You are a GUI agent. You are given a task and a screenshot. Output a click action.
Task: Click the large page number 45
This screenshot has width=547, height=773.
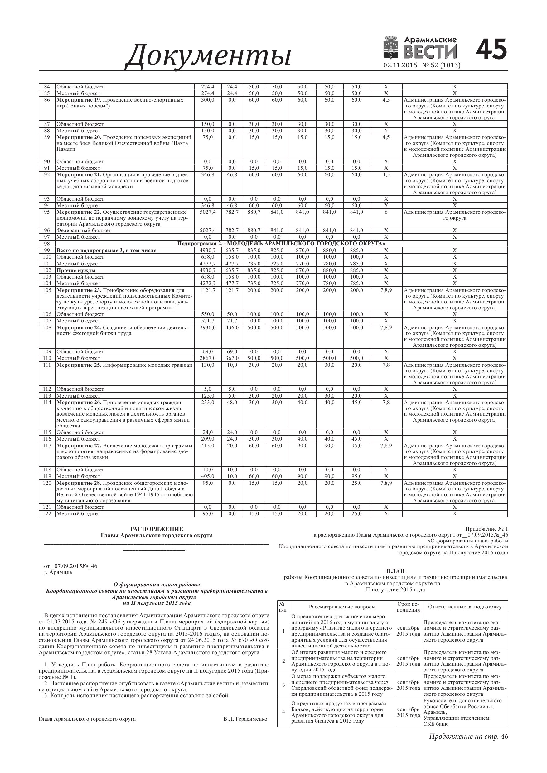pos(491,50)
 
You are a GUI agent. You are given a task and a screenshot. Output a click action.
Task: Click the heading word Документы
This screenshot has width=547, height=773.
pos(208,55)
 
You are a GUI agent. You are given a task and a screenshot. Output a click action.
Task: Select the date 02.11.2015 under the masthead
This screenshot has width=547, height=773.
pos(400,65)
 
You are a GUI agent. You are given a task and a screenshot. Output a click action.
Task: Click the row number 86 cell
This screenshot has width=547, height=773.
pos(47,100)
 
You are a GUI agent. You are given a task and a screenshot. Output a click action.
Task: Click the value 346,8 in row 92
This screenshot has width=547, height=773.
pos(207,175)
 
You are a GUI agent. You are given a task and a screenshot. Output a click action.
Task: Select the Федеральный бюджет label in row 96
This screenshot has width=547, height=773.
pos(84,231)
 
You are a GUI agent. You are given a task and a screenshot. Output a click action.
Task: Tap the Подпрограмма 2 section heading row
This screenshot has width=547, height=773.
pos(281,243)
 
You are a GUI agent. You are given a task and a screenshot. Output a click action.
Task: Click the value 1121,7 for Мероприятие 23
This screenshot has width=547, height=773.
pos(207,290)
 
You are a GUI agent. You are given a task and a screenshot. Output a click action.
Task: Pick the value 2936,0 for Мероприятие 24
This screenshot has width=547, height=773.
pos(207,327)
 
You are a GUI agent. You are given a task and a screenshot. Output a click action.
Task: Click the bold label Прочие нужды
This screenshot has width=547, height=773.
pos(76,270)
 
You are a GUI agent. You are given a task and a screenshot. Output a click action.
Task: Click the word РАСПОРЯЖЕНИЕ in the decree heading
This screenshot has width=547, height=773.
pos(157,529)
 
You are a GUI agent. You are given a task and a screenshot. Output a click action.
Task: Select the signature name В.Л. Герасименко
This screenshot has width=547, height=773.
pos(245,719)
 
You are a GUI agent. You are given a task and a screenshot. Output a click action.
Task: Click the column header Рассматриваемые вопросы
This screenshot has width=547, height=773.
pos(342,607)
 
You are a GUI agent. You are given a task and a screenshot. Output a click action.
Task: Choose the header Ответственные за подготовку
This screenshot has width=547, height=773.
pos(465,607)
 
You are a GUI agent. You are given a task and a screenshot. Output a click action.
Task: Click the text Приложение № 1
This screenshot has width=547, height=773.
pos(486,529)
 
